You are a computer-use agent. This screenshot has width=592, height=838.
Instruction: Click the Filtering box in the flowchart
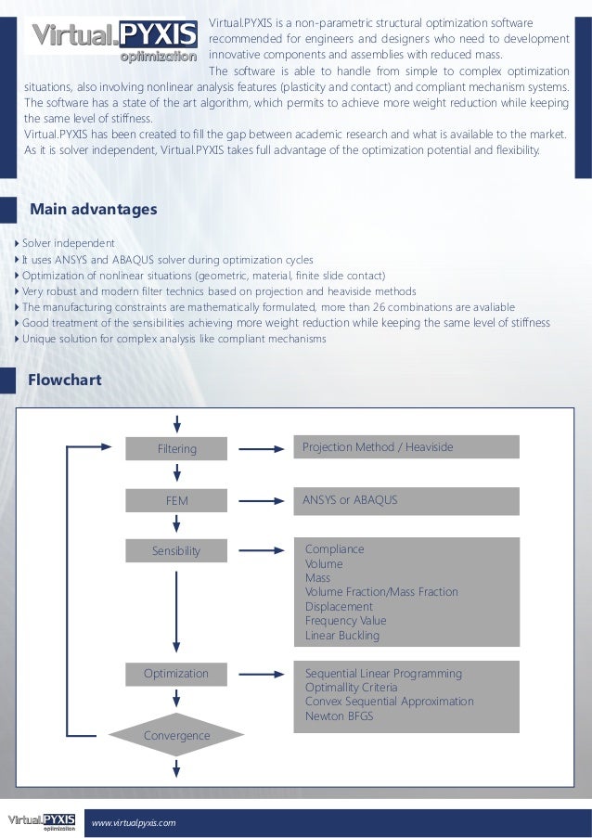[x=176, y=449]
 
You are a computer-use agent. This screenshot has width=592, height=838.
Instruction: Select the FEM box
[x=176, y=500]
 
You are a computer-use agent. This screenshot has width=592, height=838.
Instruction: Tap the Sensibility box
[x=176, y=551]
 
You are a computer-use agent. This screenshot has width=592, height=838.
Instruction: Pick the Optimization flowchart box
[x=176, y=674]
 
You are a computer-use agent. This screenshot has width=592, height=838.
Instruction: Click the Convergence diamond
[x=176, y=736]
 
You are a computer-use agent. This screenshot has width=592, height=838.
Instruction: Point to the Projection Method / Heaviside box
[x=406, y=447]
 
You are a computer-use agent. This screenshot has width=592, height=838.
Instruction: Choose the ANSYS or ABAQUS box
[x=406, y=500]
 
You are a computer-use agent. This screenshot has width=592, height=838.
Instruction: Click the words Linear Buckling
[x=342, y=636]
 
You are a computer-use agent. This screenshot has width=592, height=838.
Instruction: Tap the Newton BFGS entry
[x=340, y=716]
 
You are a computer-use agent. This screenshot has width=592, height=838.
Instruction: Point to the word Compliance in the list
[x=335, y=549]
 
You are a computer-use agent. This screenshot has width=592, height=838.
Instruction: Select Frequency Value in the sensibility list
[x=346, y=621]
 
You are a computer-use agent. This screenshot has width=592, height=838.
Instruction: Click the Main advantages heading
[x=94, y=210]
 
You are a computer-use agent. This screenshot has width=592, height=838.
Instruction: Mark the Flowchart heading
[x=65, y=380]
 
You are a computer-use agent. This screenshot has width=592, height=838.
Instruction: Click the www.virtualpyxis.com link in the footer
[x=134, y=823]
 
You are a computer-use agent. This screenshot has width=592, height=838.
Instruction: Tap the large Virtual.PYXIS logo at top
[x=115, y=40]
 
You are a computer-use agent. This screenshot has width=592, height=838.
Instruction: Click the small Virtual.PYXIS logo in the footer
[x=41, y=821]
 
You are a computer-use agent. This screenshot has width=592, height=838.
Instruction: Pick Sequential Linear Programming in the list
[x=383, y=674]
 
